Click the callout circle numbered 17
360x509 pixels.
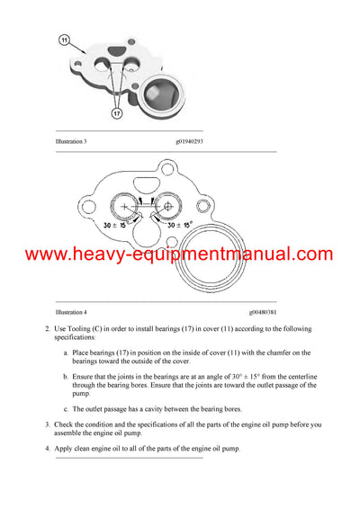(116, 113)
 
